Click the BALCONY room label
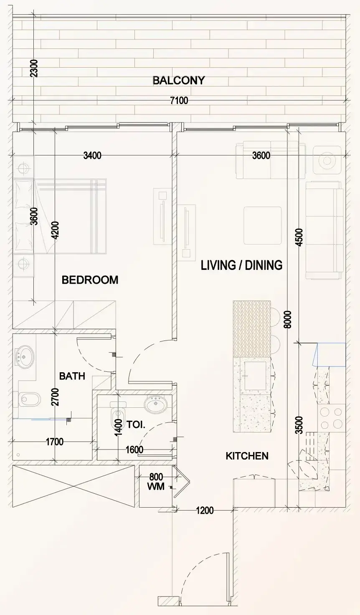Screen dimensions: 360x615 click(x=179, y=81)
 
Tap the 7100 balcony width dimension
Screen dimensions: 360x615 click(x=179, y=101)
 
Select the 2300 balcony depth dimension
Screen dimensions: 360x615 click(x=34, y=69)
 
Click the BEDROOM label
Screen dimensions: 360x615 click(x=90, y=280)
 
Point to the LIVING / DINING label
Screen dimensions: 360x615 click(x=241, y=265)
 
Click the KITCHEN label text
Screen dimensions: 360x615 click(x=247, y=456)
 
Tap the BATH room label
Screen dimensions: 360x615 click(x=72, y=376)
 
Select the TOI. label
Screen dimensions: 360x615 click(x=136, y=425)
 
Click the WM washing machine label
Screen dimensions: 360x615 click(x=156, y=487)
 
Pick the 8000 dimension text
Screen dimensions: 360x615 click(x=288, y=320)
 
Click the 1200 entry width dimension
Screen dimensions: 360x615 click(x=205, y=511)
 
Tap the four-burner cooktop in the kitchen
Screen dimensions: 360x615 click(x=332, y=418)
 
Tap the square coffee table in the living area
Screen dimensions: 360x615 click(x=263, y=226)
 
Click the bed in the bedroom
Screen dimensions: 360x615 click(x=60, y=216)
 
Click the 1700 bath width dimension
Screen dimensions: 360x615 click(x=55, y=442)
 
